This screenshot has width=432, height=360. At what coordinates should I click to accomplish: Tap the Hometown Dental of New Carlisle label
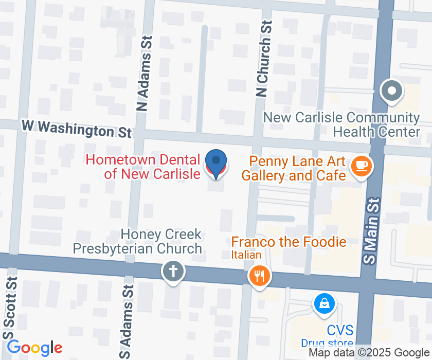tap(143, 167)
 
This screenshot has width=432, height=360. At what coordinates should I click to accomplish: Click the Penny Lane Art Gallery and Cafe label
tap(294, 168)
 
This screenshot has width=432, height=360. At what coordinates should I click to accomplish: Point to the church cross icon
tap(173, 271)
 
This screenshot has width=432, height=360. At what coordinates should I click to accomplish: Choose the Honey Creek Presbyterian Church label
tap(137, 242)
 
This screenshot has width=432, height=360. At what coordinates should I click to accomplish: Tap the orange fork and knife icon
tap(260, 276)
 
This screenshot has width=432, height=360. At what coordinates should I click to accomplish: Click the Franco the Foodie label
tap(289, 242)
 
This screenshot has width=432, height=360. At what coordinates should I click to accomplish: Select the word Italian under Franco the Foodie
tap(246, 255)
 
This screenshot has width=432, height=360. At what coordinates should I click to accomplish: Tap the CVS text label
tap(340, 330)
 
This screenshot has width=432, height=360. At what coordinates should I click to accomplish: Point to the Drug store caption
tap(327, 343)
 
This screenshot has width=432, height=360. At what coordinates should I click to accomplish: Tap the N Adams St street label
tap(143, 74)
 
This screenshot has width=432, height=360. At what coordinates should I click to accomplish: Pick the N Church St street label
tap(263, 59)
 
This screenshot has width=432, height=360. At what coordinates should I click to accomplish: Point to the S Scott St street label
tap(10, 307)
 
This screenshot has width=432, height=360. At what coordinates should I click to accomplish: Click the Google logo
tap(34, 348)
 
